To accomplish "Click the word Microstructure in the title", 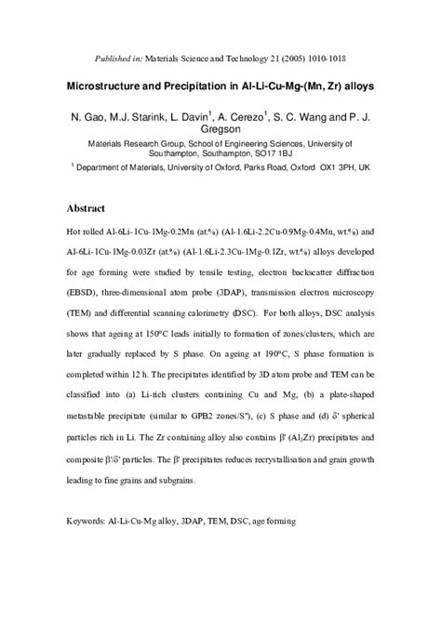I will click(113, 85).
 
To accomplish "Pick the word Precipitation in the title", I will click(209, 85).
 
